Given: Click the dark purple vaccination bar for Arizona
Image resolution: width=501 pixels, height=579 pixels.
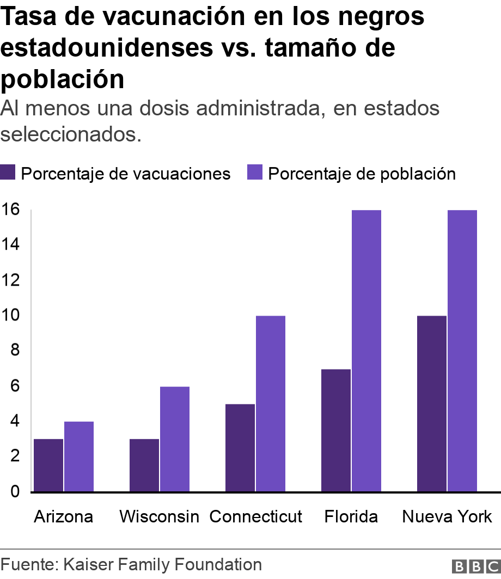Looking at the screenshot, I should pos(48,465).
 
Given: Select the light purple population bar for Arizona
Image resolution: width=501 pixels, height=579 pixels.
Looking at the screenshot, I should pos(79,457).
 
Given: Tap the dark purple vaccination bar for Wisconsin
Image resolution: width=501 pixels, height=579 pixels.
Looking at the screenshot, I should pos(144,465).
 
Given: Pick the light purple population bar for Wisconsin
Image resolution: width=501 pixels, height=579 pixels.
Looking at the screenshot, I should pos(175,439).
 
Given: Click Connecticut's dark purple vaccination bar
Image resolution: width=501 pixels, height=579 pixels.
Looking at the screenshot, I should pos(240,448).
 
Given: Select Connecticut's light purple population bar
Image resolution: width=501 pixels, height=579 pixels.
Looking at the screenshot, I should pos(271,404).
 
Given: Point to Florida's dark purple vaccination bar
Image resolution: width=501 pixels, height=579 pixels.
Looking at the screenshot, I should pos(336,430).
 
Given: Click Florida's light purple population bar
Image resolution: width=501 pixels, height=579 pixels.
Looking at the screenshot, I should pos(366,351).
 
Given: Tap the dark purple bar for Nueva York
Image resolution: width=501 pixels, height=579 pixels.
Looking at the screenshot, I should pos(432,404).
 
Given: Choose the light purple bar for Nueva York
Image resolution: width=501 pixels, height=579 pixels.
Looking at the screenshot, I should pos(462,351).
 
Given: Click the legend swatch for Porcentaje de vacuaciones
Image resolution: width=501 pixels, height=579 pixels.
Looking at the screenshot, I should pos(8,173).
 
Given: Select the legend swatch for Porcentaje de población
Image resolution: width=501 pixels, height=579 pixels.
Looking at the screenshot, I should pos(255,173).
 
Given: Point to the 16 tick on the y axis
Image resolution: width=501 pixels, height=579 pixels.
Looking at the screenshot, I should pos(10,210).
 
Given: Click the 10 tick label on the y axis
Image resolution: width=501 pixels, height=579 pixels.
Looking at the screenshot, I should pos(10,315).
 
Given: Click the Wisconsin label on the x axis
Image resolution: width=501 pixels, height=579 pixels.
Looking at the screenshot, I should pos(159,516).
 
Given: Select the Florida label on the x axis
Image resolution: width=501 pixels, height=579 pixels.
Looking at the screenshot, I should pos(351,516).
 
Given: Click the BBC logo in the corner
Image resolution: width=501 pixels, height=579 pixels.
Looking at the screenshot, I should pos(475,566).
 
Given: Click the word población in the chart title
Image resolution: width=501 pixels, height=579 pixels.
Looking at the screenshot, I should pos(63,79).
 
